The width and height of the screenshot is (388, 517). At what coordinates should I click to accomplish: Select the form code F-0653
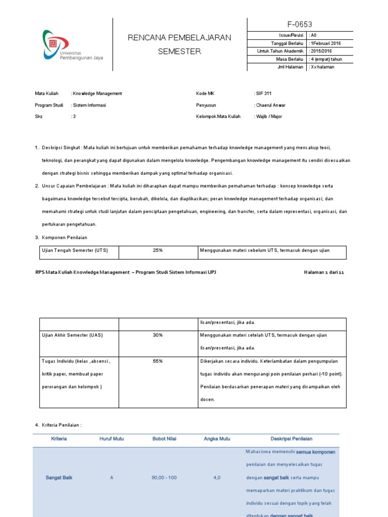(x=300, y=24)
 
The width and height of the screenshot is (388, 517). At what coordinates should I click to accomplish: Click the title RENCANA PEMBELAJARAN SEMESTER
(x=179, y=44)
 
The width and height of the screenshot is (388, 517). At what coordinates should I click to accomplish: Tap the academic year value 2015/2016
(x=321, y=51)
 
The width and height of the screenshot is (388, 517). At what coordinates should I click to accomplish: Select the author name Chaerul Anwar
(x=270, y=105)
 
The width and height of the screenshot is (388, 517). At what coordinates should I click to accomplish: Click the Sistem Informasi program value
(x=89, y=105)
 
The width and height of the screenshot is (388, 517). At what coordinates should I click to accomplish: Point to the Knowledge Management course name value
(x=97, y=93)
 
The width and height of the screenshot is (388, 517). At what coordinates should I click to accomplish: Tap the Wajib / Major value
(x=269, y=117)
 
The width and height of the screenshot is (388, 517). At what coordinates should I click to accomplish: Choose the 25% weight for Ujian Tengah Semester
(x=158, y=249)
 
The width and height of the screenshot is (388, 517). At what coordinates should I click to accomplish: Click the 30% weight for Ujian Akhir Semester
(x=158, y=335)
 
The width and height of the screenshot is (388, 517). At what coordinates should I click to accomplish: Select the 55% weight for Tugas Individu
(x=158, y=361)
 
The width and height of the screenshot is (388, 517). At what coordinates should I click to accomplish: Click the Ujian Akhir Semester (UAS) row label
(x=72, y=335)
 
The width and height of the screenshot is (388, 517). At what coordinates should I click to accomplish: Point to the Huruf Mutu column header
(x=112, y=439)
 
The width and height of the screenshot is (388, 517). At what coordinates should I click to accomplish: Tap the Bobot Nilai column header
(x=164, y=439)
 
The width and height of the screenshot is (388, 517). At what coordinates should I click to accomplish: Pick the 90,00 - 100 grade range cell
(x=164, y=477)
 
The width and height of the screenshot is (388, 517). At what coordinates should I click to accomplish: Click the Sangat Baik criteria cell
(x=59, y=477)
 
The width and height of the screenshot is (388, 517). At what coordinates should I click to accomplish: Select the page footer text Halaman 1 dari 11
(x=323, y=272)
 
